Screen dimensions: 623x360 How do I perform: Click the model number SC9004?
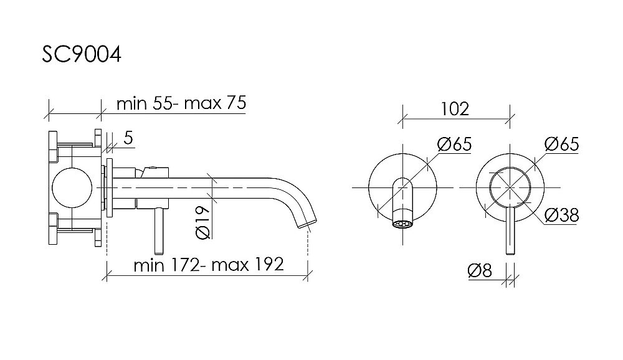click(x=82, y=54)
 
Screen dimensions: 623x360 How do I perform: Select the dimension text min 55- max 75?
click(x=181, y=103)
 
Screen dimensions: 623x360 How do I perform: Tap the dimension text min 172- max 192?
click(x=209, y=264)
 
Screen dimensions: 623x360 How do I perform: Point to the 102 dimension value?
click(x=455, y=109)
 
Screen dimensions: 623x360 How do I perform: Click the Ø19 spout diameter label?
click(x=202, y=222)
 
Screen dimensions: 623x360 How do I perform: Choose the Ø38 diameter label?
click(x=561, y=215)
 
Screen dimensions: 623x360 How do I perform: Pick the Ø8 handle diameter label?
click(x=480, y=270)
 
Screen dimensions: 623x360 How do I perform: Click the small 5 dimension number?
click(x=128, y=138)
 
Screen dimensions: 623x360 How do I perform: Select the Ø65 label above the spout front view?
click(x=454, y=144)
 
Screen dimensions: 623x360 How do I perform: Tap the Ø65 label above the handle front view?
click(x=562, y=144)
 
